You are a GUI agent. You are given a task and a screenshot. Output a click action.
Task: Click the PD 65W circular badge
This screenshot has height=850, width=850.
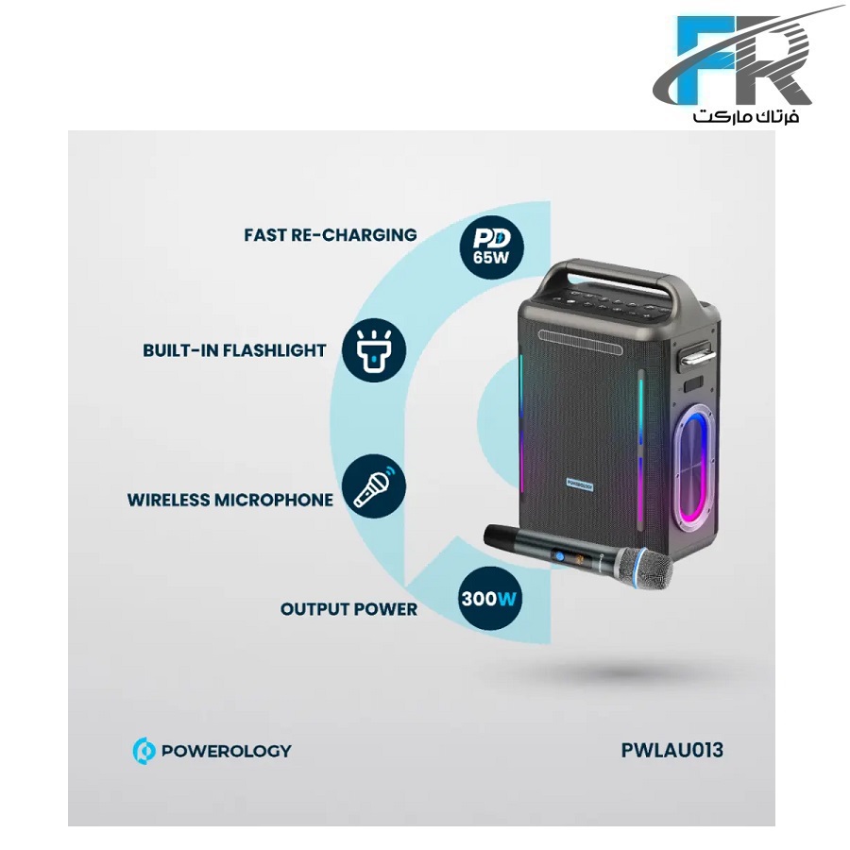click(x=491, y=246)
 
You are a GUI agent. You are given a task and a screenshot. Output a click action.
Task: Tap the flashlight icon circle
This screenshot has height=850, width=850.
click(x=374, y=350)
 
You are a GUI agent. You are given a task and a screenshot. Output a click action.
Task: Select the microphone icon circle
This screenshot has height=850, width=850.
click(x=374, y=485)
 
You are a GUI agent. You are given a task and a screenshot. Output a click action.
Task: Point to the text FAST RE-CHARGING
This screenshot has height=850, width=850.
click(x=331, y=235)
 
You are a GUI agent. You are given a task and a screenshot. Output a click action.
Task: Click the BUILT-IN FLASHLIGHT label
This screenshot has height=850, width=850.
click(x=234, y=350)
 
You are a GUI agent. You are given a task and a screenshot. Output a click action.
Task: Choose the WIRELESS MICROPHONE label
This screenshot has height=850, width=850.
click(x=230, y=500)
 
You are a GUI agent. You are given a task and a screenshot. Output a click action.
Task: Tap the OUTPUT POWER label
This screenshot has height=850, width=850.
click(x=348, y=609)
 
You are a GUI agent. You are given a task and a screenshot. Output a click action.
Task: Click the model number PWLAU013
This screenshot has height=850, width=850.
click(x=671, y=750)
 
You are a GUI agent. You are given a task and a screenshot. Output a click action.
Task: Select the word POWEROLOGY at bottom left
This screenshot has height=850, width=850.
click(x=226, y=751)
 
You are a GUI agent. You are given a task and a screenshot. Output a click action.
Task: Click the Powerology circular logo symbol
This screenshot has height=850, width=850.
click(x=144, y=751)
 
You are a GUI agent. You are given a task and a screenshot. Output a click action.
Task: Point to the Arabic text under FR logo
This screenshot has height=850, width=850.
click(x=746, y=116)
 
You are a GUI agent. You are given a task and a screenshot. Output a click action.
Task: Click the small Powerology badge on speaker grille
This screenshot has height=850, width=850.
click(x=580, y=484)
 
